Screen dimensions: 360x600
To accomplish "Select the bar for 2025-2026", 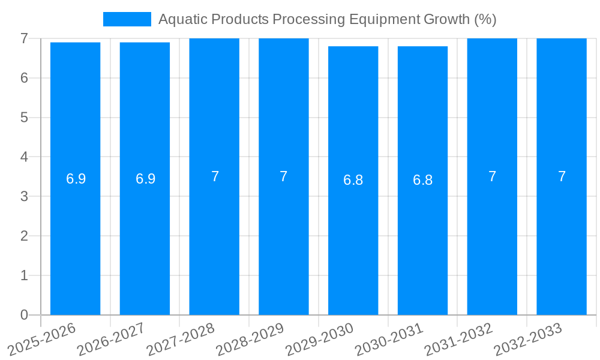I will (75, 240).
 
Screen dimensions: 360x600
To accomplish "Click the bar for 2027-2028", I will (214, 240).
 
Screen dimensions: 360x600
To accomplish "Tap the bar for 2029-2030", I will (353, 240).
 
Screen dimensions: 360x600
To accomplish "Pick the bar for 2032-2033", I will (562, 240).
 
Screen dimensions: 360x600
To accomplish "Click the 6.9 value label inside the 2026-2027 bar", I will (145, 179).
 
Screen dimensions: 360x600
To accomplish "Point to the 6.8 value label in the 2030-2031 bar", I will (422, 180).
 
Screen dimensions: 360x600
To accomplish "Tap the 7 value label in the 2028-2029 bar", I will (284, 176).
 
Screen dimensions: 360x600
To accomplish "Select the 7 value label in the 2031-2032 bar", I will (492, 176).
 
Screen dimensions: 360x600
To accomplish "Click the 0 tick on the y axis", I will (24, 315).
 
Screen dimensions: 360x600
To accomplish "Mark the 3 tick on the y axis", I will (24, 196).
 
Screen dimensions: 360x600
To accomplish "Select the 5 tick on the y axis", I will (24, 118).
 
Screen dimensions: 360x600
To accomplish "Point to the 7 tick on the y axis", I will (24, 38).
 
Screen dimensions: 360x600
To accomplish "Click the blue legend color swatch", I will (127, 19).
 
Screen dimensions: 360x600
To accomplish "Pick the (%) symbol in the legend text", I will (485, 19).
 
